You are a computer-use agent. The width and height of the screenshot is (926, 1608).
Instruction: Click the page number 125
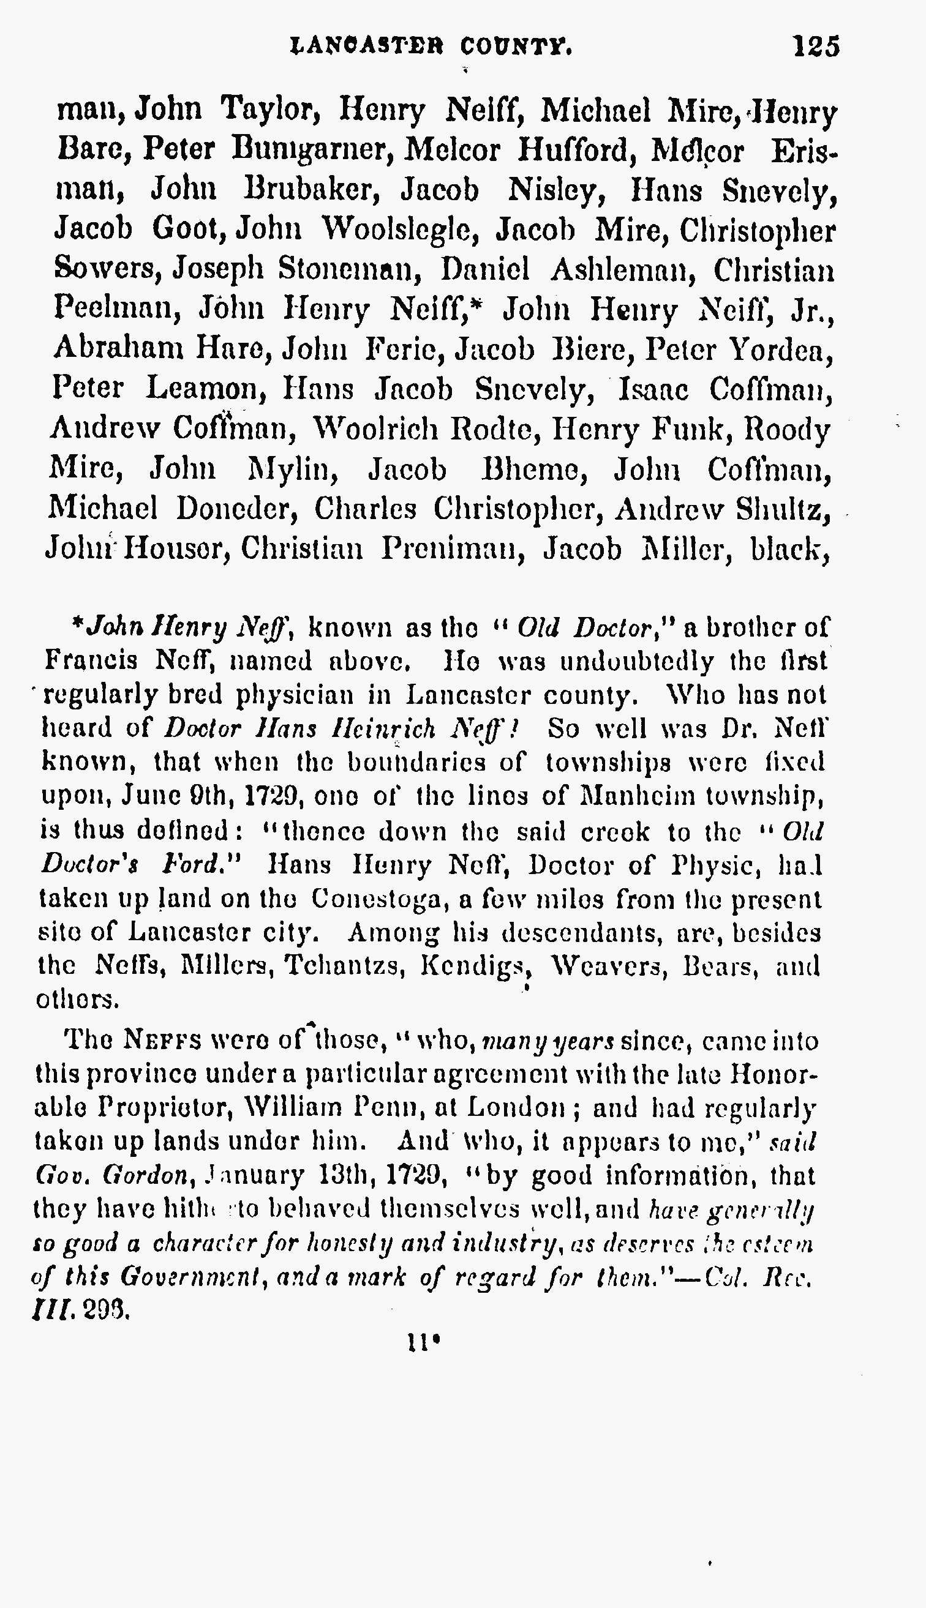click(816, 47)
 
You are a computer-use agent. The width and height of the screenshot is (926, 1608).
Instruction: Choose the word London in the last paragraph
click(516, 1109)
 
